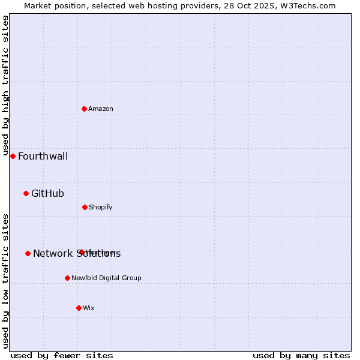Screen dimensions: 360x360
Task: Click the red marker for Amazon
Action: click(x=85, y=109)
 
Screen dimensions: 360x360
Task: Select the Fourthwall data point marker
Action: click(x=13, y=156)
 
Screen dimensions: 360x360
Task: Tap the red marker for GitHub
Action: click(x=26, y=193)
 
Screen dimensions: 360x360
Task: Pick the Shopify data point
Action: click(x=85, y=207)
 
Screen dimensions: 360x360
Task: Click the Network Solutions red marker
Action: click(x=28, y=253)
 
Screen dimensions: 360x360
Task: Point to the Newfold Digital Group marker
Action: click(x=67, y=278)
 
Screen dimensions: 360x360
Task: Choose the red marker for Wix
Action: click(x=79, y=308)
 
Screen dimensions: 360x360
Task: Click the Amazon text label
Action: click(x=101, y=109)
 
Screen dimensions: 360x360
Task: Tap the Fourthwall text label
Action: click(x=43, y=157)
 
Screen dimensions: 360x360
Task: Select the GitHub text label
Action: click(x=47, y=193)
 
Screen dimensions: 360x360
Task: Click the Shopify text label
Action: click(x=100, y=207)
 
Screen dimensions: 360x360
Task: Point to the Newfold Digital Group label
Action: click(x=106, y=278)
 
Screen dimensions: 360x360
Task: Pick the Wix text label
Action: click(x=89, y=308)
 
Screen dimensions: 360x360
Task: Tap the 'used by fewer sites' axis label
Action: click(x=62, y=355)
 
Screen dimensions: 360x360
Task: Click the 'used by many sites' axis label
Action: click(x=301, y=355)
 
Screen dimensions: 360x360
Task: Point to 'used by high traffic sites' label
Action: click(x=5, y=86)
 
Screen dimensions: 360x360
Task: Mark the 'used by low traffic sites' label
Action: click(x=5, y=281)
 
